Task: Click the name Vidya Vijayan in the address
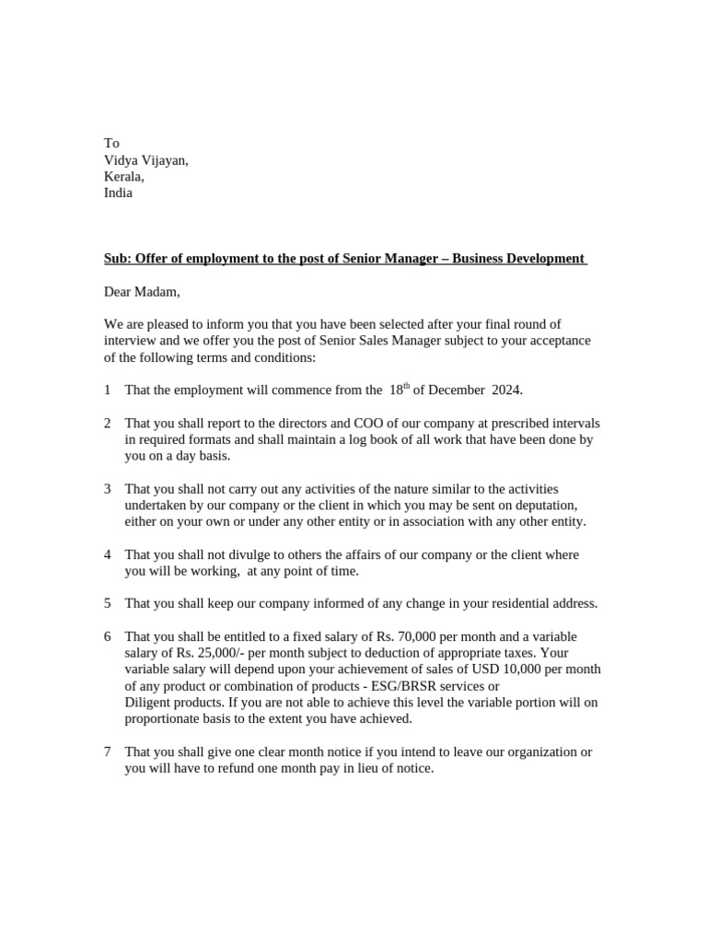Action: [x=145, y=160]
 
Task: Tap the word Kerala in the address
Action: [x=123, y=177]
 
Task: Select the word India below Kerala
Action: [x=118, y=193]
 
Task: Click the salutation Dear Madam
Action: [x=142, y=292]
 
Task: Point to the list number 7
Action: [x=108, y=752]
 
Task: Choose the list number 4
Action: [x=108, y=555]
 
